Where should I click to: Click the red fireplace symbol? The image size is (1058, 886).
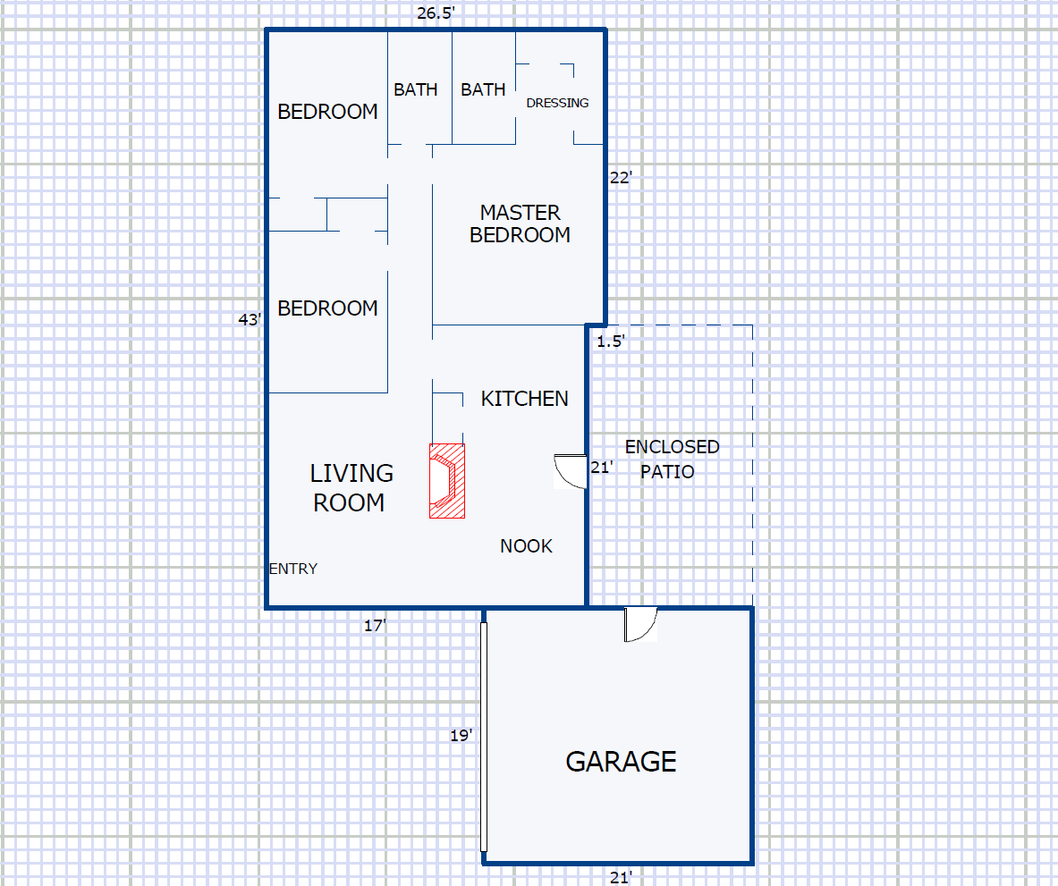[447, 481]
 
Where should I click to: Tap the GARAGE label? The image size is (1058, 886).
[621, 761]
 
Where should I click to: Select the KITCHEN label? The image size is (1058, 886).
[524, 399]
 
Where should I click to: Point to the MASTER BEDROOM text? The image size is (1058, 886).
[521, 224]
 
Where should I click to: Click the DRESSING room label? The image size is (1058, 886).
[557, 103]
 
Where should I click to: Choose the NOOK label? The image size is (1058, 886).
[526, 546]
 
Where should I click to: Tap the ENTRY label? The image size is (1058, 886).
[293, 570]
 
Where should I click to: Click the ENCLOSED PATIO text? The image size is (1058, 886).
[672, 460]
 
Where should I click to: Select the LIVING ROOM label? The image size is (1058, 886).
[351, 487]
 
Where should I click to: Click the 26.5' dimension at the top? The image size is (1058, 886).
[436, 13]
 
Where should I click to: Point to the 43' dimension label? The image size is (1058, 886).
[250, 319]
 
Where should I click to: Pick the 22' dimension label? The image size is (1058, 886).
[621, 178]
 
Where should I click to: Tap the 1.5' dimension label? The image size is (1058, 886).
[611, 342]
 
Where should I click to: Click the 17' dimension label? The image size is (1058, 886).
[375, 626]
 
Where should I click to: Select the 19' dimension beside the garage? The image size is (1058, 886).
[461, 736]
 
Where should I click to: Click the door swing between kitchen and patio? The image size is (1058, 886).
[571, 471]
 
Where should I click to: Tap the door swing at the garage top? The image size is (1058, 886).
[641, 624]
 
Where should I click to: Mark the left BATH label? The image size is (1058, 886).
[416, 89]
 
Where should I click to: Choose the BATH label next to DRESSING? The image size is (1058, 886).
[483, 89]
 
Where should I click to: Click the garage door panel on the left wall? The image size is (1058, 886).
[484, 737]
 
